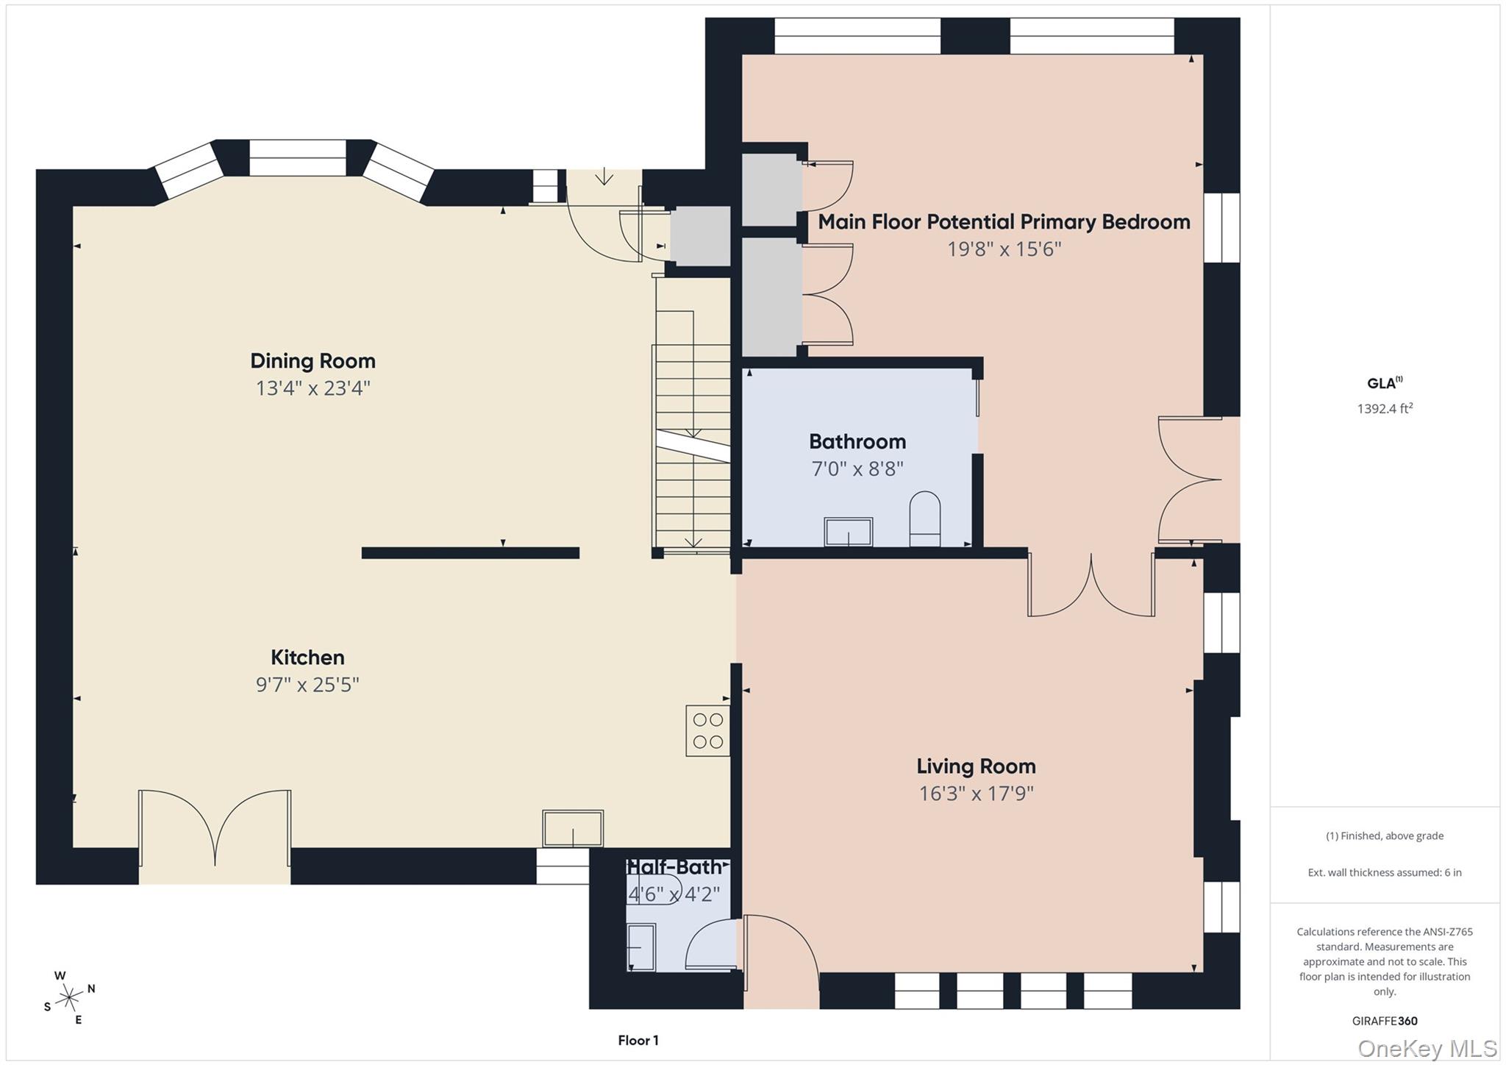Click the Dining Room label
[x=313, y=361]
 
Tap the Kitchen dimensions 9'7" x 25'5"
[x=307, y=685]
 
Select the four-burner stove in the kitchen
[x=707, y=730]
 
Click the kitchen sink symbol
[x=573, y=828]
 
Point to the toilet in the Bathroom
[x=925, y=519]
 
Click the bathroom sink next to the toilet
[x=849, y=532]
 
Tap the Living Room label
[x=976, y=766]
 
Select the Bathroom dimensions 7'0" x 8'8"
[x=857, y=469]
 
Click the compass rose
[x=69, y=997]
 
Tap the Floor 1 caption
[x=638, y=1040]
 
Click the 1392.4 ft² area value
[x=1385, y=409]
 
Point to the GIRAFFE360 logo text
[x=1385, y=1021]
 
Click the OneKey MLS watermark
[x=1427, y=1048]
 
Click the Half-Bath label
[x=675, y=867]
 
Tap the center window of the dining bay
[x=297, y=157]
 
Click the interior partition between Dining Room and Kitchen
[x=470, y=553]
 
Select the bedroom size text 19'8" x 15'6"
[x=1004, y=249]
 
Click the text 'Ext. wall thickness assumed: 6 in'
[x=1384, y=872]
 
